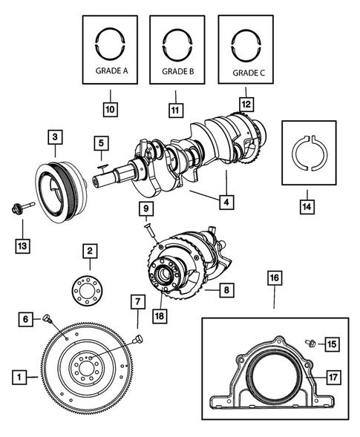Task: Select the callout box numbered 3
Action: click(56, 137)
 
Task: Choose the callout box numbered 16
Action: click(274, 278)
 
